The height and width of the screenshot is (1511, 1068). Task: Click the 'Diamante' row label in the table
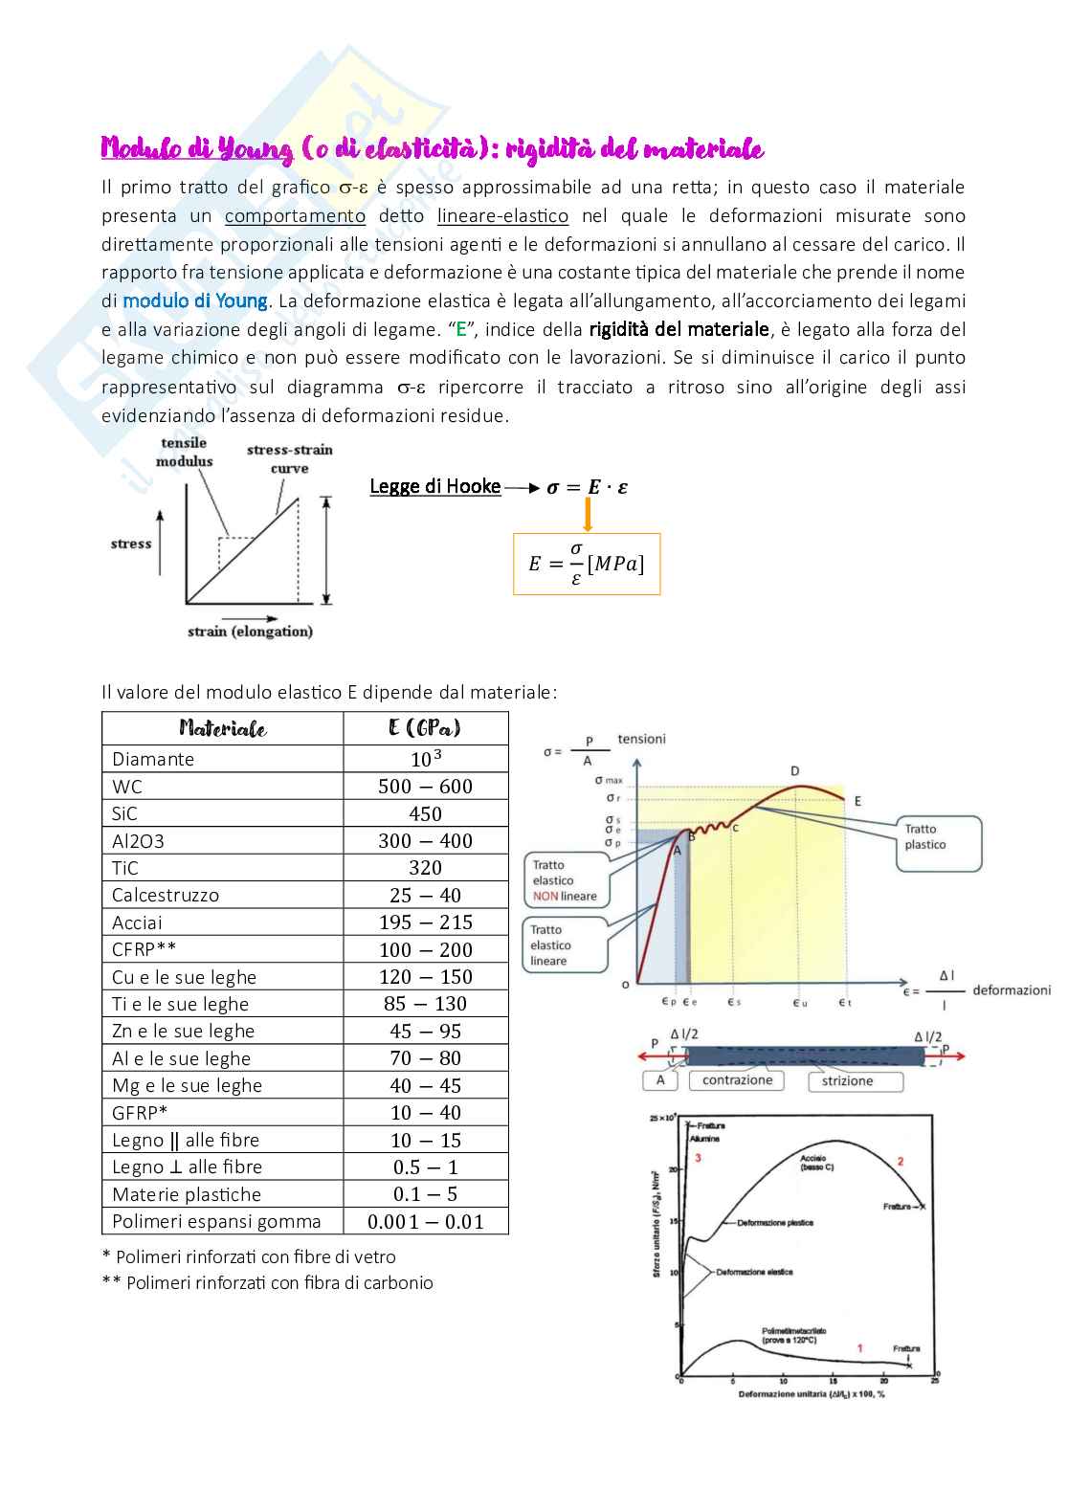153,759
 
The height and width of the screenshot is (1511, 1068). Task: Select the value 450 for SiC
425,813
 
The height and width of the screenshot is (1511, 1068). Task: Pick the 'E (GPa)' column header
425,728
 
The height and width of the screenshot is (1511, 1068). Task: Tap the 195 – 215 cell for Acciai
425,922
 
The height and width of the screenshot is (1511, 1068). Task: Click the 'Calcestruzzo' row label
166,896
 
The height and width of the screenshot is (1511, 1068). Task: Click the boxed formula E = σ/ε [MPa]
587,564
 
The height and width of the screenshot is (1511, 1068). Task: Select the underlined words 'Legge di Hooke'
435,486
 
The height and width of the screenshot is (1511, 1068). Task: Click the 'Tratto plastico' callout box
939,843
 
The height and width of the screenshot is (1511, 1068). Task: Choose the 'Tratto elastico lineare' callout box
564,945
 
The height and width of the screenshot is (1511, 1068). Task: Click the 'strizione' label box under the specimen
847,1081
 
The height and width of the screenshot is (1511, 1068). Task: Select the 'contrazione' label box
737,1080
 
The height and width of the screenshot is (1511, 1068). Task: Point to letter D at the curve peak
795,771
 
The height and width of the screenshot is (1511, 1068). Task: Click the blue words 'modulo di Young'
195,300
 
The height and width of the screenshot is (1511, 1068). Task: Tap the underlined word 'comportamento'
295,216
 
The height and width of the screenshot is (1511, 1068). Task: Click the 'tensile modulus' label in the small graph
184,452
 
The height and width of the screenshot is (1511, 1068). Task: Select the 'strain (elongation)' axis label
250,632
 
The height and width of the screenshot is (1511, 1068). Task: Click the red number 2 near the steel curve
901,1161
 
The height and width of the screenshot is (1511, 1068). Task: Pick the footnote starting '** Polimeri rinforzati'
268,1283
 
